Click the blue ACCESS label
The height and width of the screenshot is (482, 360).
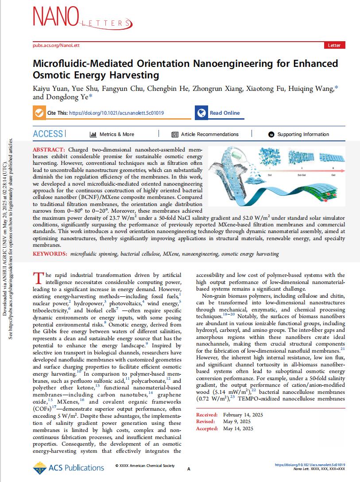[48, 134]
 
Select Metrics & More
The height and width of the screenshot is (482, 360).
[112, 134]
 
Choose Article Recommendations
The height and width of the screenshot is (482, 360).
[205, 134]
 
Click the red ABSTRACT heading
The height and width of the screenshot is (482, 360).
[49, 150]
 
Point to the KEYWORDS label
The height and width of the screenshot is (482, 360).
[50, 254]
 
